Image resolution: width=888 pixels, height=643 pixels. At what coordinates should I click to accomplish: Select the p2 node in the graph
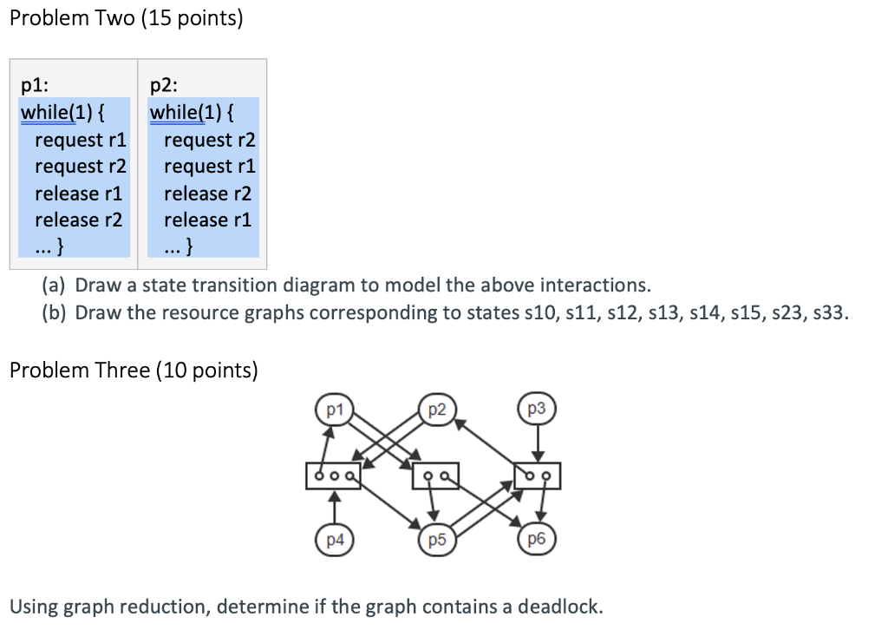coord(437,409)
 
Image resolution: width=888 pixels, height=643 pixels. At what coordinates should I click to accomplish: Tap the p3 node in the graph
coord(537,409)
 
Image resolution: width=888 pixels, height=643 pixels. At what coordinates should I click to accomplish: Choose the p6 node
coord(537,539)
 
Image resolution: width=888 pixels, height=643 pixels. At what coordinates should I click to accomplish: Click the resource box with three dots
coord(333,476)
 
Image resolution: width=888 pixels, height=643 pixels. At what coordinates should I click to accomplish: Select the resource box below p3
coord(538,476)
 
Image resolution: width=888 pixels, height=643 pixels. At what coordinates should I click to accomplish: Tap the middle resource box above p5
coord(435,476)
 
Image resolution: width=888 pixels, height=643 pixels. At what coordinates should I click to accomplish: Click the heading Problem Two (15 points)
coord(126,19)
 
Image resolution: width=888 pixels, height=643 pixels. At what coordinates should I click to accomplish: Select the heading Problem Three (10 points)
coord(134,371)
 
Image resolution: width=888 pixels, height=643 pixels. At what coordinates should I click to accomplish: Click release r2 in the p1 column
coord(79,220)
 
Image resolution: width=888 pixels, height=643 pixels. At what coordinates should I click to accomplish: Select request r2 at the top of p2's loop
coord(209,140)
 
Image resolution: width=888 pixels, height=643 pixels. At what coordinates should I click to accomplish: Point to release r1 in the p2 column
coord(207,220)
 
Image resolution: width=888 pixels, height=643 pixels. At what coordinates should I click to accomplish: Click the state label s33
coord(831,312)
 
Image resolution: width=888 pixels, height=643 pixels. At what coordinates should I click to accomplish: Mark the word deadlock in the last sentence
coord(558,606)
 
